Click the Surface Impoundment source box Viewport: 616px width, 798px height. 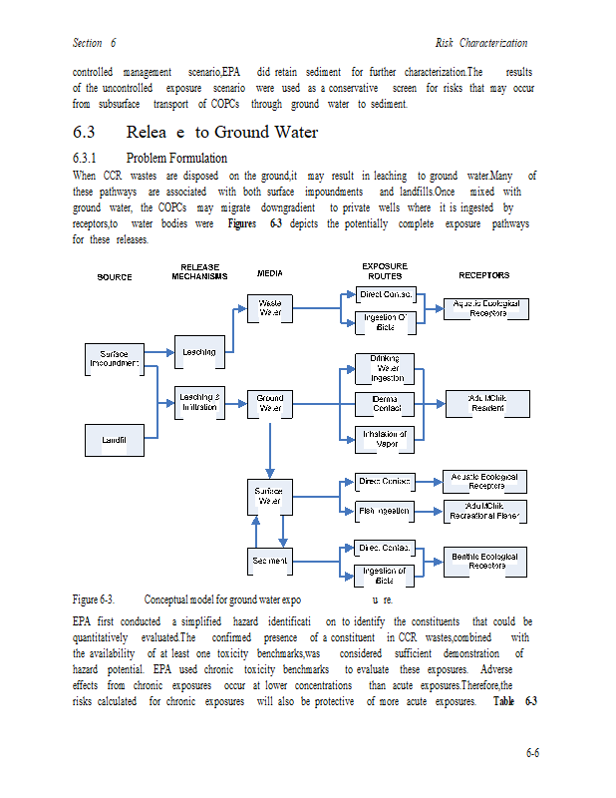[x=115, y=359]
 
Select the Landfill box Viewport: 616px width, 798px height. [x=115, y=439]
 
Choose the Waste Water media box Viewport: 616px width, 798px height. [x=270, y=307]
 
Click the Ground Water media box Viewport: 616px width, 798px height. [x=270, y=403]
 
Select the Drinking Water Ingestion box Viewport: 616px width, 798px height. [x=385, y=369]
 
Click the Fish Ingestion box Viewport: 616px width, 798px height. [x=385, y=511]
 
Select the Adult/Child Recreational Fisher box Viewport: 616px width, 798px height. [x=485, y=511]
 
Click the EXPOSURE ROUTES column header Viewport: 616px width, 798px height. [x=384, y=270]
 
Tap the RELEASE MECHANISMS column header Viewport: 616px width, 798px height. [x=199, y=271]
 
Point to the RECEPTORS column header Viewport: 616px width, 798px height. [x=483, y=275]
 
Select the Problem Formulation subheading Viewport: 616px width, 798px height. [x=176, y=159]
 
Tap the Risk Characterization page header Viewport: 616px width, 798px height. [x=481, y=43]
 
